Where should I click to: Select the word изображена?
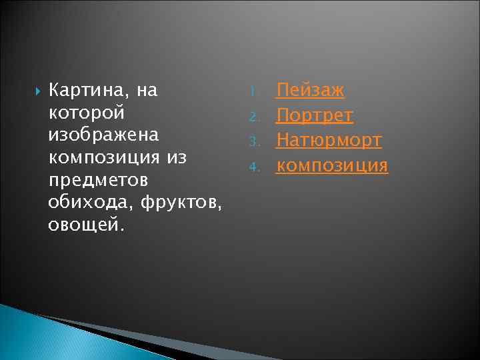[103, 135]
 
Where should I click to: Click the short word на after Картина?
[145, 90]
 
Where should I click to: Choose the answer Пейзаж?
[311, 90]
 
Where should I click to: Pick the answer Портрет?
[315, 115]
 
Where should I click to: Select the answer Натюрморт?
[329, 140]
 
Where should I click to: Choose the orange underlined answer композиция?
[332, 165]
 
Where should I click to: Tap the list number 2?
[253, 117]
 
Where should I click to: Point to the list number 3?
[253, 142]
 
